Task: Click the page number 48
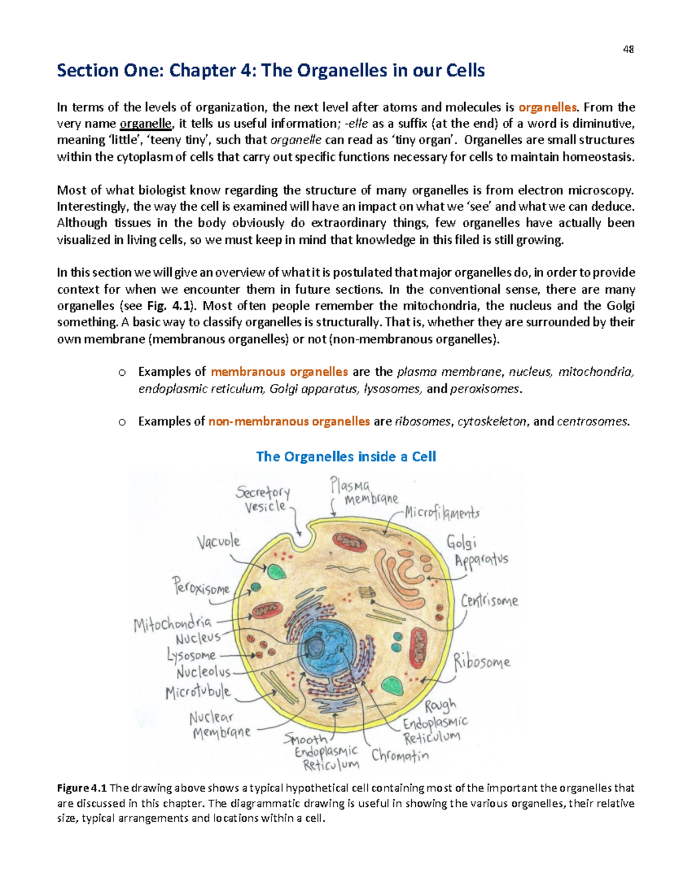[629, 50]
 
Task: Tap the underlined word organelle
[146, 124]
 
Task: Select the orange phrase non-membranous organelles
[289, 422]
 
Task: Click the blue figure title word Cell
[424, 457]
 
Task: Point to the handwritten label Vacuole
[218, 542]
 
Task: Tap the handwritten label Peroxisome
[202, 587]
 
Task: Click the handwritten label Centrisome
[490, 601]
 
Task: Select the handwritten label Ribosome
[482, 662]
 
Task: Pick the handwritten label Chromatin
[400, 756]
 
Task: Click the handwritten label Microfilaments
[442, 512]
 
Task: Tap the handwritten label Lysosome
[191, 655]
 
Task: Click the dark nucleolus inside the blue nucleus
[315, 648]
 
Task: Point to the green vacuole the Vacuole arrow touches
[277, 572]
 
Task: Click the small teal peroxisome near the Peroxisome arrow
[256, 587]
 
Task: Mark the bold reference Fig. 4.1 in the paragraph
[180, 306]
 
